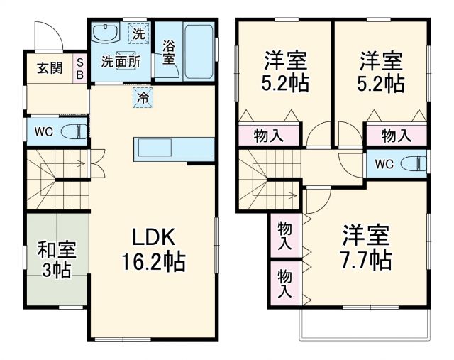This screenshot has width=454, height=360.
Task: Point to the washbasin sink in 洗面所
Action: [108, 33]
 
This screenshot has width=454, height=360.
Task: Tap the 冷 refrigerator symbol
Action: [143, 97]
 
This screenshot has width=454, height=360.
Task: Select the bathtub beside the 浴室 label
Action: [198, 53]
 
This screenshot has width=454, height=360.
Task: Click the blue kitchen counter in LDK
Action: [174, 149]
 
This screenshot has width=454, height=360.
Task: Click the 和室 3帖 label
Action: [57, 260]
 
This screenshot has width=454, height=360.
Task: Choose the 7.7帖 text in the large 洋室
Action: [366, 259]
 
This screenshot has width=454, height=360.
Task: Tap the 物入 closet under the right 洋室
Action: [397, 136]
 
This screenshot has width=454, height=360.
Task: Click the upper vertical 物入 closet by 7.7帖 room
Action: [284, 236]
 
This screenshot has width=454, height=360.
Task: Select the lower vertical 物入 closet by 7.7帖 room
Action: [284, 282]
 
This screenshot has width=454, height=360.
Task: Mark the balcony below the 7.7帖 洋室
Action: [364, 324]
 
